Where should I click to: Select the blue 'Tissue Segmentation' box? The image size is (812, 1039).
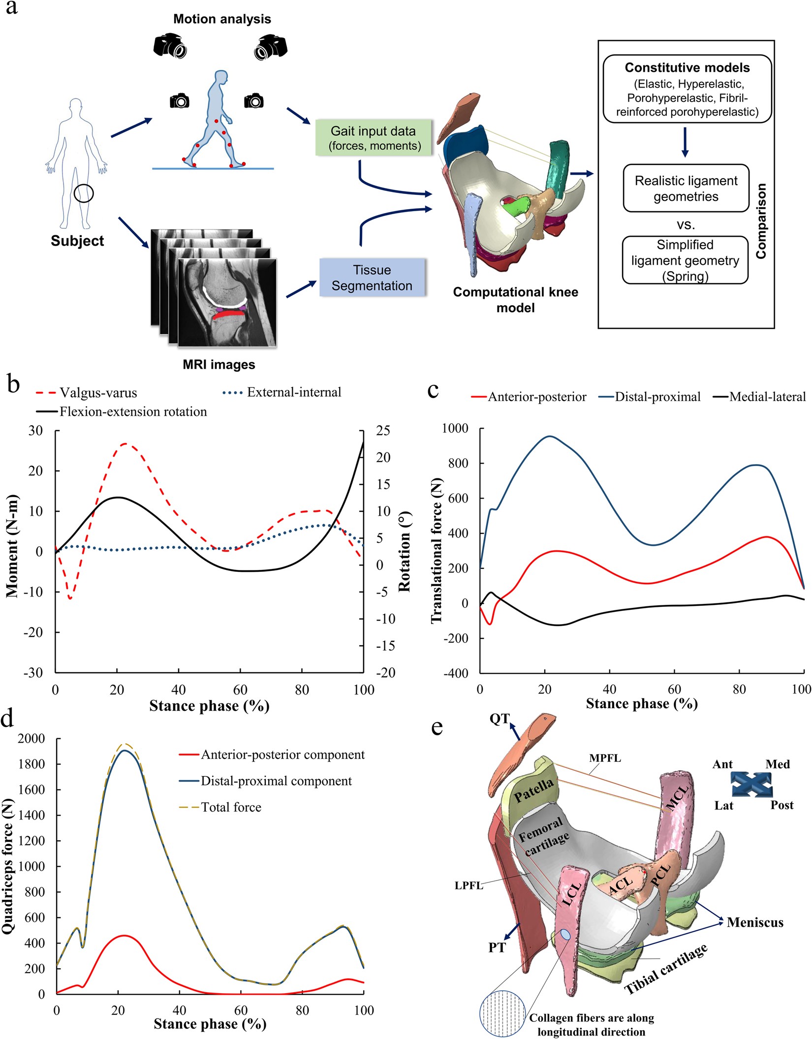(372, 278)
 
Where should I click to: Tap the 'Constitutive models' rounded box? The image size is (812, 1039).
(687, 89)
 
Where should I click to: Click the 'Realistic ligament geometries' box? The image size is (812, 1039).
(686, 189)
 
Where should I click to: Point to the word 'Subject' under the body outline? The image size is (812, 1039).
(77, 241)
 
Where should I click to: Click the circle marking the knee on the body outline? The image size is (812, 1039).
(84, 193)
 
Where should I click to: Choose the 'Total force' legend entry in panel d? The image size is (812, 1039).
(231, 807)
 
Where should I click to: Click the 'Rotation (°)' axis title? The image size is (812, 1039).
(405, 551)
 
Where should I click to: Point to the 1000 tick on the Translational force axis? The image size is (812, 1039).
(455, 428)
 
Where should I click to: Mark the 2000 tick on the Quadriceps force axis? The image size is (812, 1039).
(31, 738)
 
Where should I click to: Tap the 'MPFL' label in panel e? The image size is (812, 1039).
(605, 758)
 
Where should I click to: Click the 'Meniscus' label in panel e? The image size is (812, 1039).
(755, 922)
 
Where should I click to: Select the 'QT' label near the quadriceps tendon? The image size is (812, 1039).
(499, 719)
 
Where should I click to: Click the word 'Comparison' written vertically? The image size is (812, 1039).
(761, 221)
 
